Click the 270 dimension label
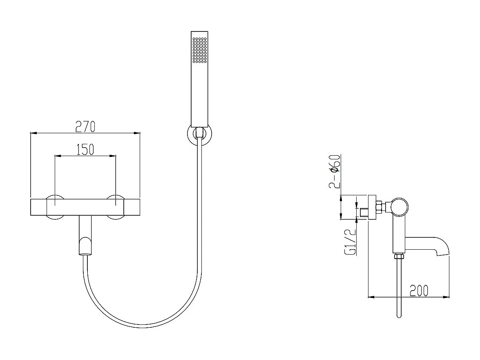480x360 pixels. coord(85,126)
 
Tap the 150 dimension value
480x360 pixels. coord(85,150)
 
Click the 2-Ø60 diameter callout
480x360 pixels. coord(334,172)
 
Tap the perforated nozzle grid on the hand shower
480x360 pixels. coord(200,50)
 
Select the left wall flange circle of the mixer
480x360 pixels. coord(55,207)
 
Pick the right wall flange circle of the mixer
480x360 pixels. coord(116,207)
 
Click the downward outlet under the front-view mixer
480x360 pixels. coord(85,235)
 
